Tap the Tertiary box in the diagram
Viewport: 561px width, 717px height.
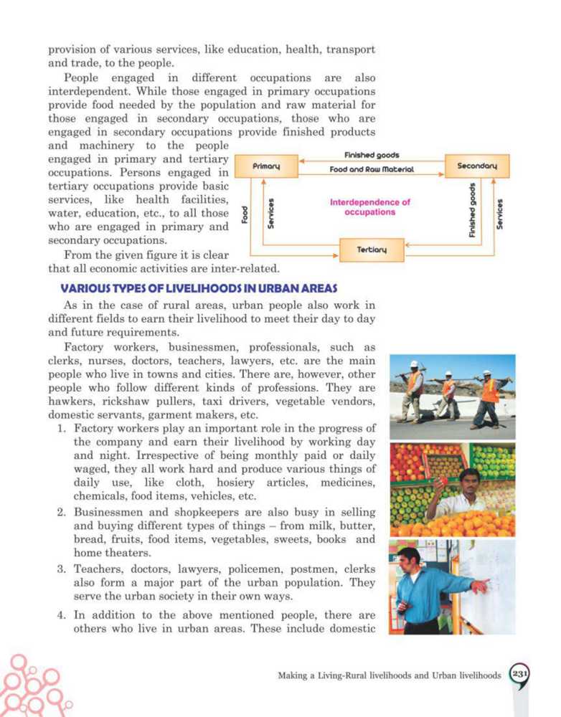[372, 250]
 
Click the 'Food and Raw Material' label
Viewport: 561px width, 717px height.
[372, 170]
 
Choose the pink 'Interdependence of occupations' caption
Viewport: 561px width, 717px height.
[369, 207]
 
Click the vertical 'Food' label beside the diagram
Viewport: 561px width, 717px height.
[245, 214]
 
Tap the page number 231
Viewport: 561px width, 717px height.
[519, 673]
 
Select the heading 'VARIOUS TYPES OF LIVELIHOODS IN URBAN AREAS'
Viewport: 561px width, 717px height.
[198, 288]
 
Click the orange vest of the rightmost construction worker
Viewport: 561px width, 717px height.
[491, 391]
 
